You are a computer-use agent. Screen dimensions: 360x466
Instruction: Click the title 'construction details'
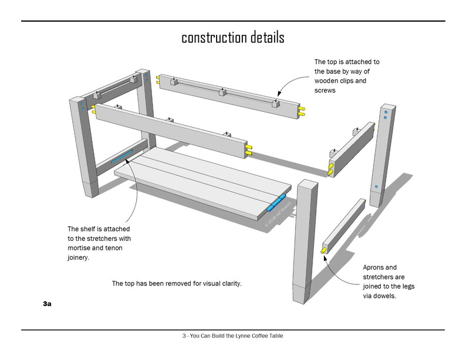pyautogui.click(x=232, y=38)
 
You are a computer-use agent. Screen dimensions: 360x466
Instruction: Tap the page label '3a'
pyautogui.click(x=47, y=305)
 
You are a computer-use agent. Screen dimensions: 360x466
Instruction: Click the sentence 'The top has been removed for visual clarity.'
pyautogui.click(x=177, y=284)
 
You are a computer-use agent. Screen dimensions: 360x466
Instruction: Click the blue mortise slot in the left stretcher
pyautogui.click(x=122, y=156)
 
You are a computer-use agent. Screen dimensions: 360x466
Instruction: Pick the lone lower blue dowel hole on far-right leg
pyautogui.click(x=376, y=188)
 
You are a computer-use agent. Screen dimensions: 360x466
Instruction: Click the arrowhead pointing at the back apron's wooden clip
pyautogui.click(x=279, y=94)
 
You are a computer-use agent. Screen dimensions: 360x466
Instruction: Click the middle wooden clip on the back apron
pyautogui.click(x=222, y=92)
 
